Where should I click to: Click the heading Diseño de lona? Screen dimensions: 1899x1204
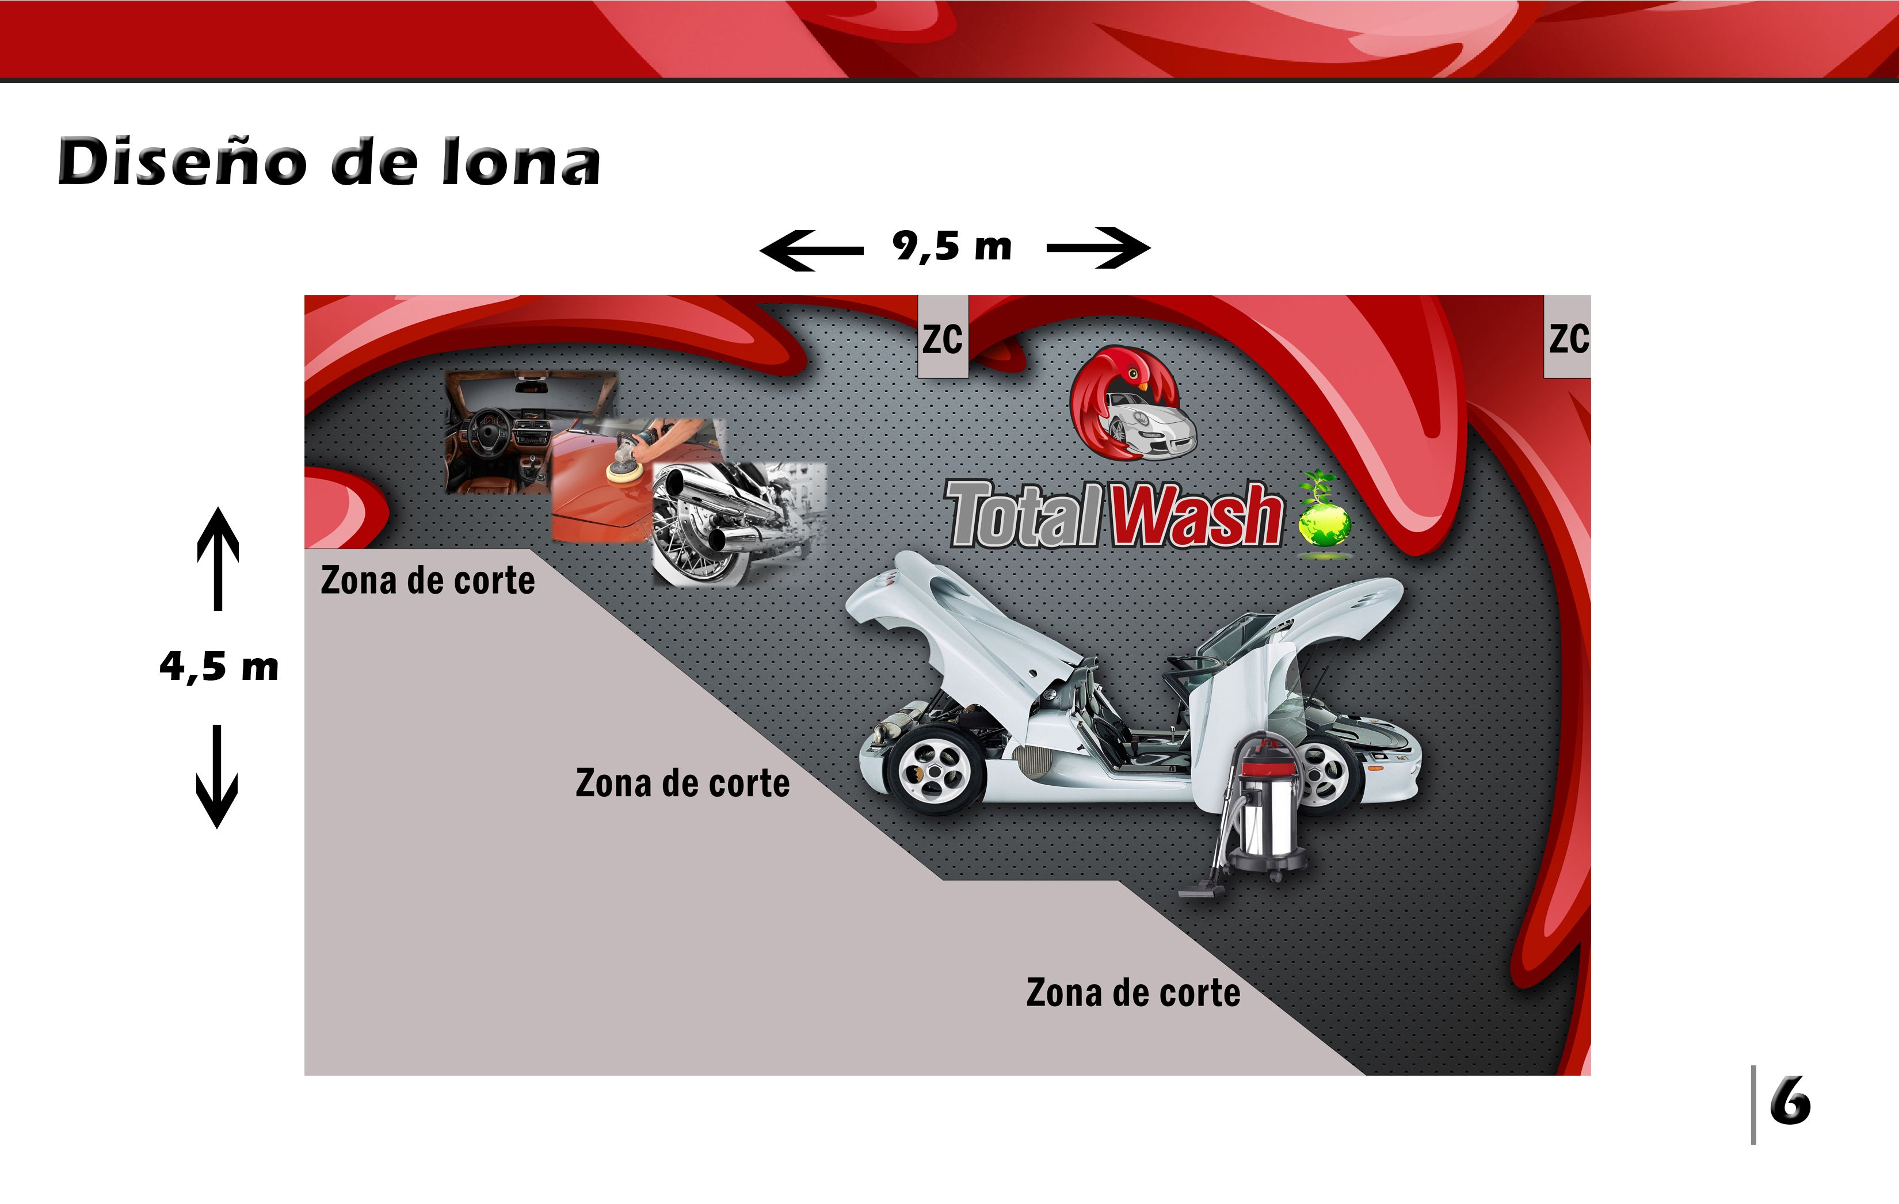point(329,162)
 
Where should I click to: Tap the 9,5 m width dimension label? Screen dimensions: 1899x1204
point(952,246)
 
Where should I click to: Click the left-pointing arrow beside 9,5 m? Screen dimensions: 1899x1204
point(811,250)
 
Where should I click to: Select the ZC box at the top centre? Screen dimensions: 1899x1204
point(943,337)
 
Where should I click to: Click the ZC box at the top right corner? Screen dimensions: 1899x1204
point(1567,337)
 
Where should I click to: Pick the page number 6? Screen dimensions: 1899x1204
point(1790,1102)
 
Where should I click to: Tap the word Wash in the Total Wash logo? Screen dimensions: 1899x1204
point(1196,515)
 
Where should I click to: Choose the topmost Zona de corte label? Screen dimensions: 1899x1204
point(428,580)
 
